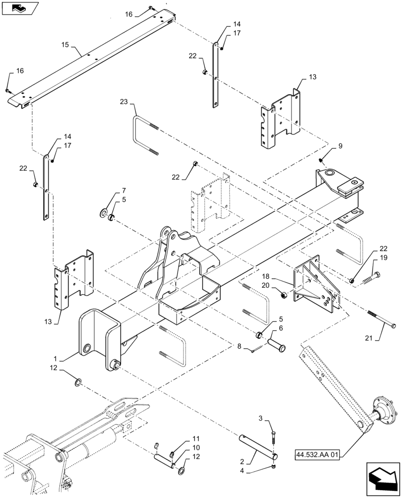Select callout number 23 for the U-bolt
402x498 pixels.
pyautogui.click(x=123, y=102)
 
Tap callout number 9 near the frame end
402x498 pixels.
pyautogui.click(x=340, y=146)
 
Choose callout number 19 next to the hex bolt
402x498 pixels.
pyautogui.click(x=384, y=257)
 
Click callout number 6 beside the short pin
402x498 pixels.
pyautogui.click(x=281, y=329)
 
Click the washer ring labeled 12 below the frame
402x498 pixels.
pyautogui.click(x=79, y=382)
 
